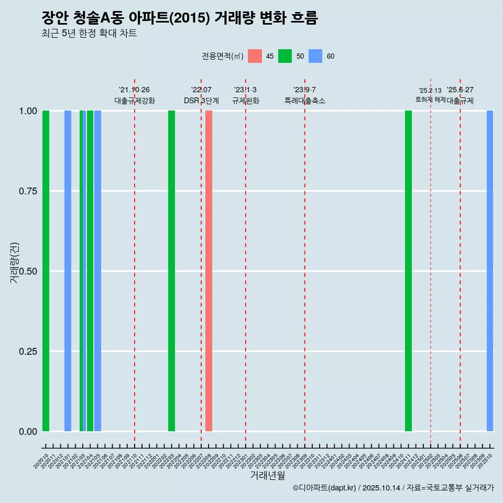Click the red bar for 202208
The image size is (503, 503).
(209, 271)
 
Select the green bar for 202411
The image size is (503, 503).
(408, 271)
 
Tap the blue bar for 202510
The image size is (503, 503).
(490, 271)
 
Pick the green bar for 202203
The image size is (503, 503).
(171, 271)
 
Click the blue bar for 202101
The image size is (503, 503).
(68, 271)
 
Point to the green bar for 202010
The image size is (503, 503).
(46, 271)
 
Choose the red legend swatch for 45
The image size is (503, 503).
(255, 56)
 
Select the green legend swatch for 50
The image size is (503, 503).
(285, 56)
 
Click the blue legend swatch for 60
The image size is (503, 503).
(315, 56)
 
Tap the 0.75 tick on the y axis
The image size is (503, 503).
(28, 191)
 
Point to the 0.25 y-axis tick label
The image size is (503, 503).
(28, 352)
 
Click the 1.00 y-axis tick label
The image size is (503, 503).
(28, 111)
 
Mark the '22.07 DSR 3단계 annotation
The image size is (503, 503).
(201, 95)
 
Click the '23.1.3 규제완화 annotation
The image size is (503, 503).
(245, 95)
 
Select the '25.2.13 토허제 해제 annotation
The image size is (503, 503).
(430, 95)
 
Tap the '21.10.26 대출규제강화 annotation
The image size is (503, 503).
(135, 95)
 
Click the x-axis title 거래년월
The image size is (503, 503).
(267, 475)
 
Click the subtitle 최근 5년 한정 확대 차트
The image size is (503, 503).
(89, 34)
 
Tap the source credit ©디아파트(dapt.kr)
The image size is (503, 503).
(324, 488)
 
